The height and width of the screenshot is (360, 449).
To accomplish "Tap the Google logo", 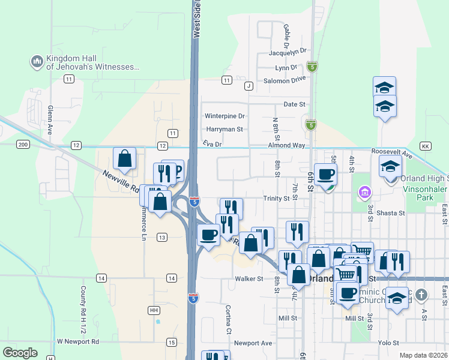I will [20, 353].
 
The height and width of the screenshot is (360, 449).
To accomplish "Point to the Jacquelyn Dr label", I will [288, 52].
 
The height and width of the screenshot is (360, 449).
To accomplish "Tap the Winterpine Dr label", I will [225, 116].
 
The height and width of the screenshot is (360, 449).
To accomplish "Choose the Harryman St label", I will [224, 129].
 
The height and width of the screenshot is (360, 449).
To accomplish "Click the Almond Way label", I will [287, 145].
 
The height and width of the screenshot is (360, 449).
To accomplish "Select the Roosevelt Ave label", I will [392, 153].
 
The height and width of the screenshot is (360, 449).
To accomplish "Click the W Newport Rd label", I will [77, 341].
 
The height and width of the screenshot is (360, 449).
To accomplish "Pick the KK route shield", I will [426, 146].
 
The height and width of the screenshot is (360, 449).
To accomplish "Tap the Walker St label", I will [249, 278].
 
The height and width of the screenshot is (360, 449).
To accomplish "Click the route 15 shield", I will [172, 342].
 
